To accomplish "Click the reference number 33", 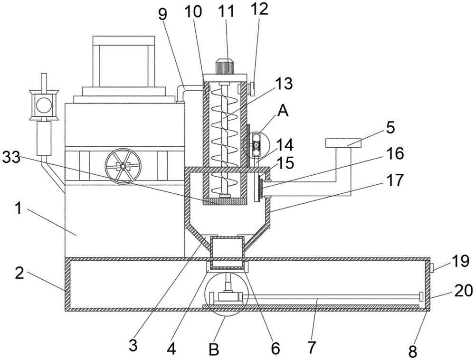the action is (11, 158).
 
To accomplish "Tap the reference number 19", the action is (460, 261).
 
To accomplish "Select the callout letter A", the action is (283, 111).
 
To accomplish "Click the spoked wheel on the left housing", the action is (123, 166).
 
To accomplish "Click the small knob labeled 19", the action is (432, 268).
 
